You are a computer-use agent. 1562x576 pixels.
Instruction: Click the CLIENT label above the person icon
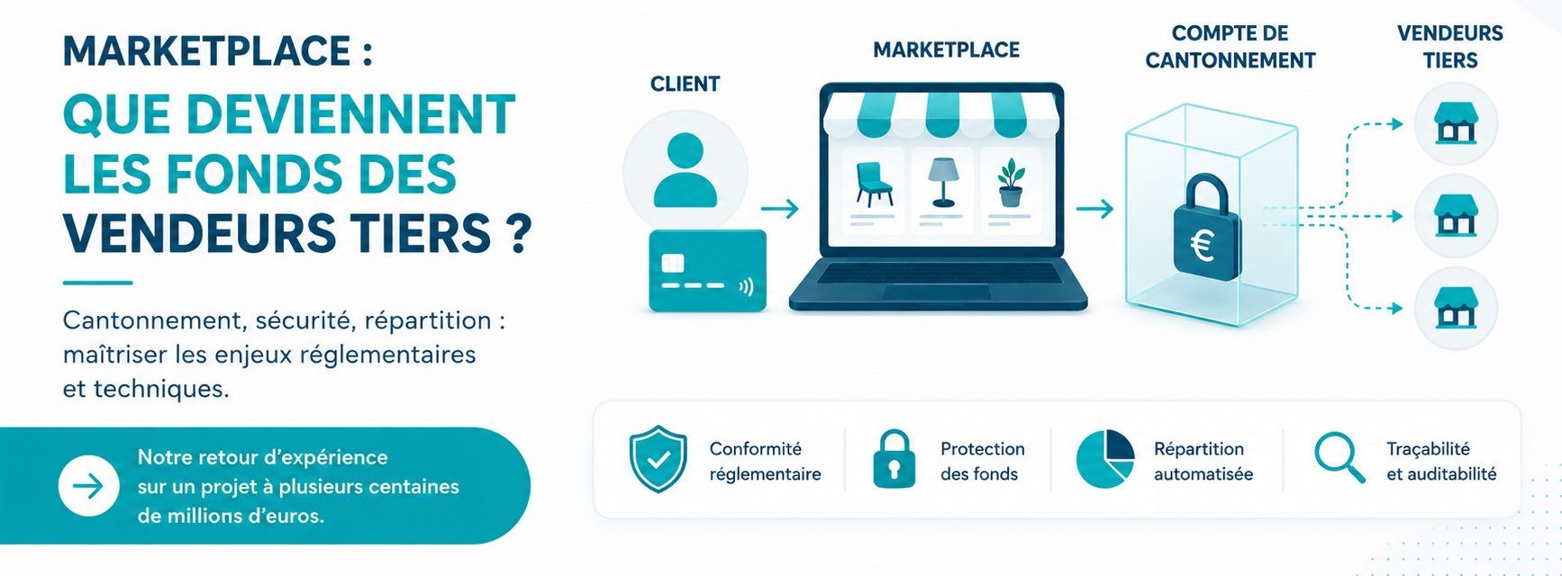(685, 84)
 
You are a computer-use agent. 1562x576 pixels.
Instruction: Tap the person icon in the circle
(686, 170)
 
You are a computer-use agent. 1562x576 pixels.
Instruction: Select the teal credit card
(707, 271)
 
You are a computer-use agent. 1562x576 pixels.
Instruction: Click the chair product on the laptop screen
(873, 184)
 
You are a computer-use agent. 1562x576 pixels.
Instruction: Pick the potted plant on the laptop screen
(1011, 183)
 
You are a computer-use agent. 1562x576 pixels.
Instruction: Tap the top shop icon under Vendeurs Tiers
(1456, 123)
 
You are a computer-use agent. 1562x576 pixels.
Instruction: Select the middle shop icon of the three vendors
(1456, 216)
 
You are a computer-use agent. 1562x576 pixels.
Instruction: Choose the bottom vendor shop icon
(1456, 308)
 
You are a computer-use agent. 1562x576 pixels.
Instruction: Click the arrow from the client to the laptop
(780, 209)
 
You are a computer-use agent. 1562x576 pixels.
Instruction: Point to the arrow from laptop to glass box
(1094, 209)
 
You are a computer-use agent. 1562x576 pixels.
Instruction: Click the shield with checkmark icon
(658, 459)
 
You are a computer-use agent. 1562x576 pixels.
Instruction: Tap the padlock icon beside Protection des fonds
(894, 459)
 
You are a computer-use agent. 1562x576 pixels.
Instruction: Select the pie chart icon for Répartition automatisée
(1105, 459)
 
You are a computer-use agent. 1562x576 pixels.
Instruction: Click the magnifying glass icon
(1340, 458)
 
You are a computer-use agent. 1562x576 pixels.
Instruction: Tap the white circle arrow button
(88, 486)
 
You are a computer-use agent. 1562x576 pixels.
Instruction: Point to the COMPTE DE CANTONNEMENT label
(1230, 47)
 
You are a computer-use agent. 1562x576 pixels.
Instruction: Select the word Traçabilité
(1428, 449)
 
